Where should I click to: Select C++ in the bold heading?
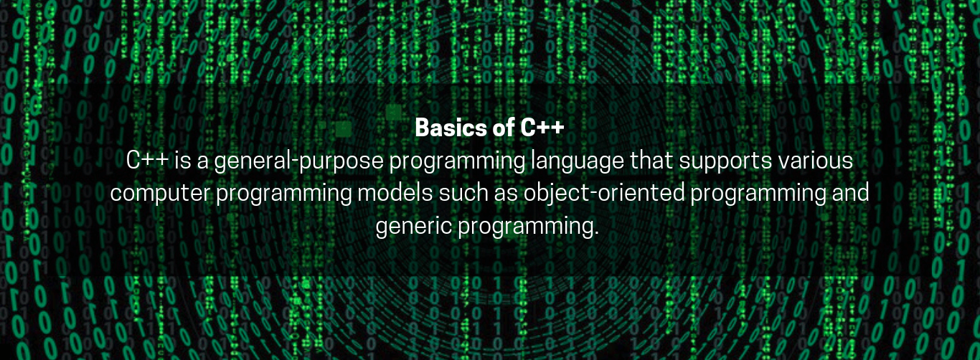point(542,127)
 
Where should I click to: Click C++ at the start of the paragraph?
point(148,160)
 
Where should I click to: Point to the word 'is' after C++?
point(183,160)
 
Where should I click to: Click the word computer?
point(160,194)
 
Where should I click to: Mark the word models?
point(395,192)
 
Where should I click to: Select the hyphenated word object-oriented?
point(604,194)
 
